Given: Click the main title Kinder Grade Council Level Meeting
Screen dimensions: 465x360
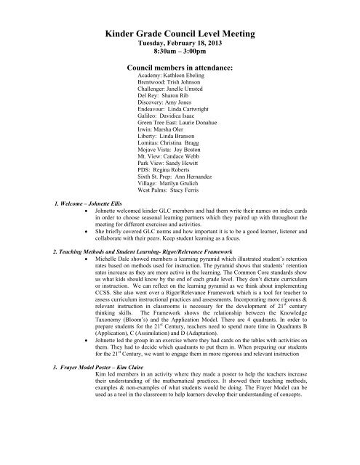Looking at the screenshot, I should (x=180, y=32).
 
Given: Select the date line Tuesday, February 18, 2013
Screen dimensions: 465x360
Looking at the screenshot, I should (x=180, y=44).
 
